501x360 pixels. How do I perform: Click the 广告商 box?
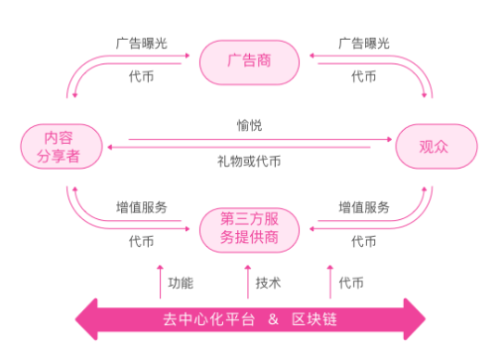pyautogui.click(x=249, y=61)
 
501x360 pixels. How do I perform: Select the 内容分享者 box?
pyautogui.click(x=50, y=147)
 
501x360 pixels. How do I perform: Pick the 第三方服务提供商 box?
pyautogui.click(x=249, y=229)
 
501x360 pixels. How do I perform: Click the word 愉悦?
pyautogui.click(x=249, y=126)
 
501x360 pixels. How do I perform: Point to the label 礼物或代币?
pyautogui.click(x=249, y=162)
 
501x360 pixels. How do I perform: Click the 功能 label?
pyautogui.click(x=180, y=283)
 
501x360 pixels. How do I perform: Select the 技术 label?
pyautogui.click(x=268, y=283)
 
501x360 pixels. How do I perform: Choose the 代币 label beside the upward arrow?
pyautogui.click(x=351, y=283)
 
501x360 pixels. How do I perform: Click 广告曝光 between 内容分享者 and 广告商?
pyautogui.click(x=141, y=44)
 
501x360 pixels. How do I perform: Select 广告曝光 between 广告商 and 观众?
pyautogui.click(x=363, y=44)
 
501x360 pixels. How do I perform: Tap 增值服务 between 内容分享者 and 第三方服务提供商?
pyautogui.click(x=141, y=208)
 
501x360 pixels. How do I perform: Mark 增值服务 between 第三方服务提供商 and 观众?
pyautogui.click(x=363, y=208)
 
